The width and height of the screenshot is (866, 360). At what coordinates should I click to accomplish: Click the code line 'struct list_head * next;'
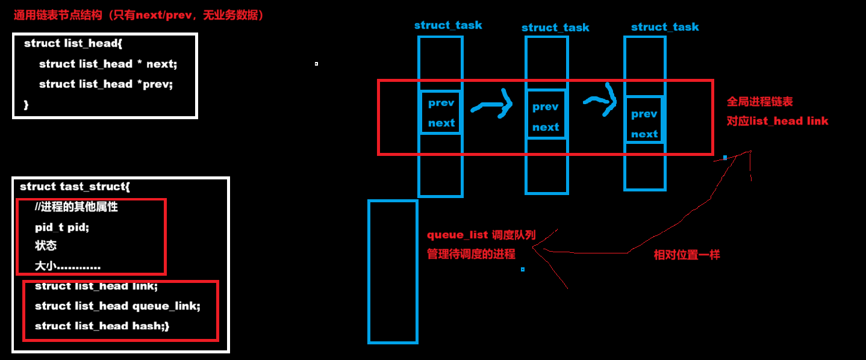pos(108,64)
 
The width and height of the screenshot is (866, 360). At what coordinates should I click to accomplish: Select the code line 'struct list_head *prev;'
pos(106,84)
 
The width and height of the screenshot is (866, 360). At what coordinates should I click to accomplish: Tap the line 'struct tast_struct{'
pos(75,187)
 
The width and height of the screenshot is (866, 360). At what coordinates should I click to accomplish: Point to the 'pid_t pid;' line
pos(62,227)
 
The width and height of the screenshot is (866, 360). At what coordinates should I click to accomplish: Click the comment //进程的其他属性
pos(76,207)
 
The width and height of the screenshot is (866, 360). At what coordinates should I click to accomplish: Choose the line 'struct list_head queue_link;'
pos(117,306)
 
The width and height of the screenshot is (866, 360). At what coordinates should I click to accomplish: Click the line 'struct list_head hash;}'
pos(102,326)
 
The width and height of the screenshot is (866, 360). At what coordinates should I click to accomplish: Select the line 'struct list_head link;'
pos(96,286)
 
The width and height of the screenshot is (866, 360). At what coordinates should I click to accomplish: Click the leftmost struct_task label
pos(448,25)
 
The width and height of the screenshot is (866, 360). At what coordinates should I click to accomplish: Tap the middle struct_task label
pos(555,28)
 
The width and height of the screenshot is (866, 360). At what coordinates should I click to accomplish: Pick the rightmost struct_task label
pos(665,27)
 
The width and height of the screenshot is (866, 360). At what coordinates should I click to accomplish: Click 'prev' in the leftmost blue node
pos(441,103)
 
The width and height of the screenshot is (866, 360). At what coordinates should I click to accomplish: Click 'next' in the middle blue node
pos(546,127)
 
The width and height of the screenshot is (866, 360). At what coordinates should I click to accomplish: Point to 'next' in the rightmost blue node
pos(644,134)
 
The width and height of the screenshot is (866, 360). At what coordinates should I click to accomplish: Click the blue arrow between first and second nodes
pos(492,106)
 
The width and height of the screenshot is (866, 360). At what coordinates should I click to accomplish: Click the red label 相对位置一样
pos(687,255)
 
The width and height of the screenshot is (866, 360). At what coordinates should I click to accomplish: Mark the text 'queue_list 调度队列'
pos(481,235)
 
